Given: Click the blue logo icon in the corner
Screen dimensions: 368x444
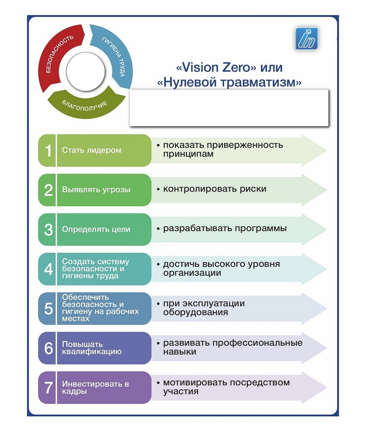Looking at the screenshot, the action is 306,38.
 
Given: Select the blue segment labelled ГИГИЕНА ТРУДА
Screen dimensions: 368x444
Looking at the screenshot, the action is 116,54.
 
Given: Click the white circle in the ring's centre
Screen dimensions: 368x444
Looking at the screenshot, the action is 85,71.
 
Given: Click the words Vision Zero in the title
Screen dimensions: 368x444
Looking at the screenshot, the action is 216,67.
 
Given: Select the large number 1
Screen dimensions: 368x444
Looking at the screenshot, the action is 48,150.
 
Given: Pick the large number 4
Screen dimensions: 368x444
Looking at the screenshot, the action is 48,269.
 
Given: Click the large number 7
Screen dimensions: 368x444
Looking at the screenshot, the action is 48,388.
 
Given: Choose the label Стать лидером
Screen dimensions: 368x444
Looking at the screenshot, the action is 92,150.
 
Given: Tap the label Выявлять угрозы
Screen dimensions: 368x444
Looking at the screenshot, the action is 96,190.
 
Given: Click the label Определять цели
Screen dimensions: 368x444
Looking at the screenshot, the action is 96,229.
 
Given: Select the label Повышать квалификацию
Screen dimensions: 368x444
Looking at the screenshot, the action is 92,348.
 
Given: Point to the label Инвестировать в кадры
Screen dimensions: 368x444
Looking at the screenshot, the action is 95,388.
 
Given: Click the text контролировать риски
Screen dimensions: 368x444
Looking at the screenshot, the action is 215,189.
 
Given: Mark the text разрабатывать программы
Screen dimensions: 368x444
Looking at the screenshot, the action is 225,229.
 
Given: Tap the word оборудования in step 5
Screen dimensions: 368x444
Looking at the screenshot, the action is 195,312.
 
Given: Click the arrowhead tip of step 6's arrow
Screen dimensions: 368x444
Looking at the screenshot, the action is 327,348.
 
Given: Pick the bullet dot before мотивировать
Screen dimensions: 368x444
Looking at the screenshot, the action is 158,383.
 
